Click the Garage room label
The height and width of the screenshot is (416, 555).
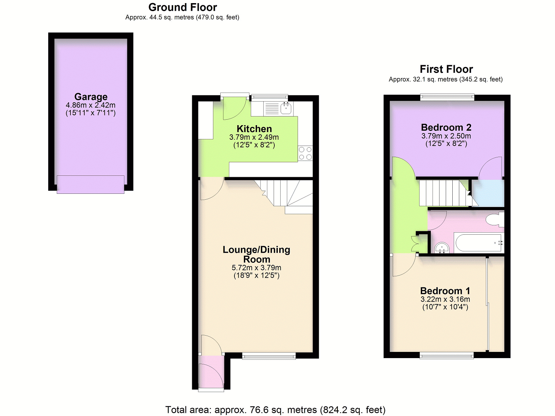[x=91, y=97]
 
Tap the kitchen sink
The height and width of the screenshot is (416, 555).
[x=286, y=108]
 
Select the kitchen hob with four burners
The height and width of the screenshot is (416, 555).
[x=305, y=153]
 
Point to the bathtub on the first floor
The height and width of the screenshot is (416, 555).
[x=478, y=243]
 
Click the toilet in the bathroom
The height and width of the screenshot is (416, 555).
[x=495, y=219]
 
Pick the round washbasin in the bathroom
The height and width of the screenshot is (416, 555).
[x=442, y=248]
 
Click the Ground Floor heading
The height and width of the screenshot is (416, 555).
[x=182, y=7]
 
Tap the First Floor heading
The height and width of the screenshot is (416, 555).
[x=446, y=69]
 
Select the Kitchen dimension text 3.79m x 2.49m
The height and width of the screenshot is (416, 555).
[x=254, y=137]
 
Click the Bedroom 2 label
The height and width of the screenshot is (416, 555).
[x=446, y=127]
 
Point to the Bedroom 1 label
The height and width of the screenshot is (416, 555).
[x=445, y=291]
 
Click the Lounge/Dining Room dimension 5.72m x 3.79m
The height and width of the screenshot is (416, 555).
[x=256, y=268]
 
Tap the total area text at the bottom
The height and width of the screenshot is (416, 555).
[x=275, y=409]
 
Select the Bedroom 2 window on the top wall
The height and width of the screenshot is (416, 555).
[x=447, y=97]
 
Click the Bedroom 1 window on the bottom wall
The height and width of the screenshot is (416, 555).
[x=446, y=356]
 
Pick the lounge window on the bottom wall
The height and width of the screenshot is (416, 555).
[x=269, y=356]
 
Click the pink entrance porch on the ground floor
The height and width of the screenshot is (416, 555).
[x=211, y=372]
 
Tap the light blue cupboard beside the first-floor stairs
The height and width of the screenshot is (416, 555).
[x=488, y=193]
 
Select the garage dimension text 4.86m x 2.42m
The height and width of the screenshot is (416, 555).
[x=91, y=105]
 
